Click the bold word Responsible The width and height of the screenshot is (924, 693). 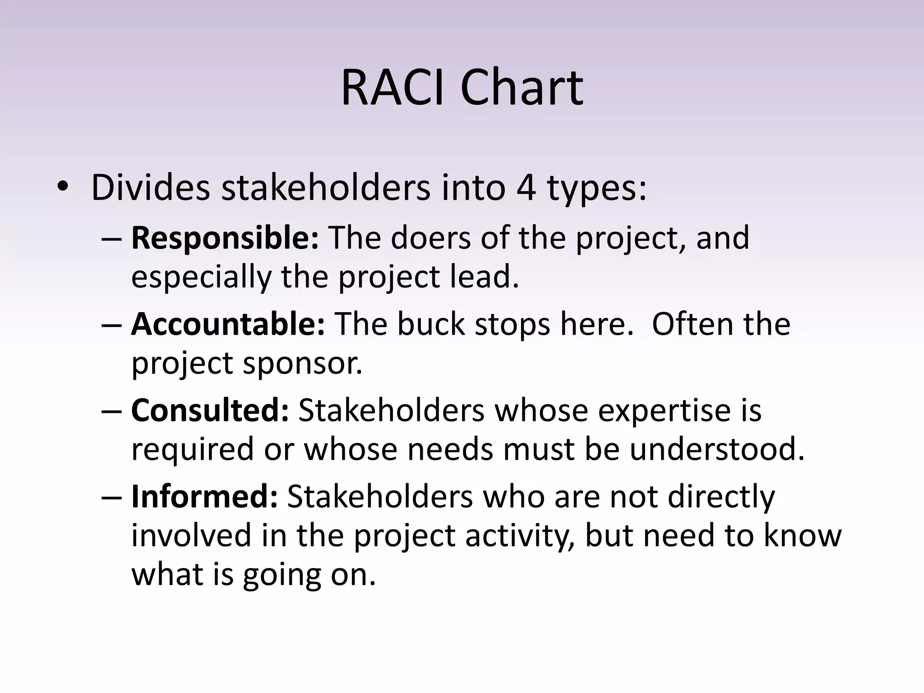pos(225,238)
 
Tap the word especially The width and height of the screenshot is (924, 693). pos(201,277)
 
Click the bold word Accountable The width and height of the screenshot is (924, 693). pos(227,324)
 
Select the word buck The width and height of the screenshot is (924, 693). pos(431,324)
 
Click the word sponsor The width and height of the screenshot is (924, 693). pos(303,364)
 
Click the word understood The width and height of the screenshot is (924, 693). pos(717,450)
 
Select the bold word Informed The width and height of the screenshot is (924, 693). pos(204,497)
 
